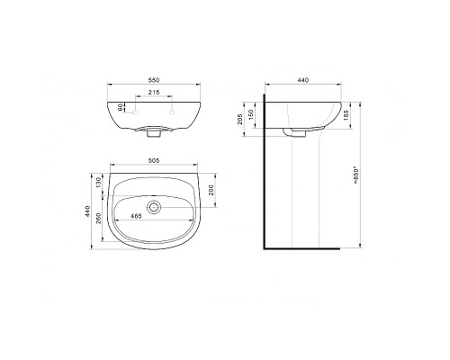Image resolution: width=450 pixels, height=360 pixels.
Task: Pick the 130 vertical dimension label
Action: (x=100, y=184)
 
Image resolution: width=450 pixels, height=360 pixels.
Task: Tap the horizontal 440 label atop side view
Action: (x=302, y=81)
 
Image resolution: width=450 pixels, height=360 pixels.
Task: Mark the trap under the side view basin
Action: (x=292, y=131)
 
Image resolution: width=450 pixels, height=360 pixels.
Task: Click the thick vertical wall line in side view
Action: (x=265, y=171)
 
